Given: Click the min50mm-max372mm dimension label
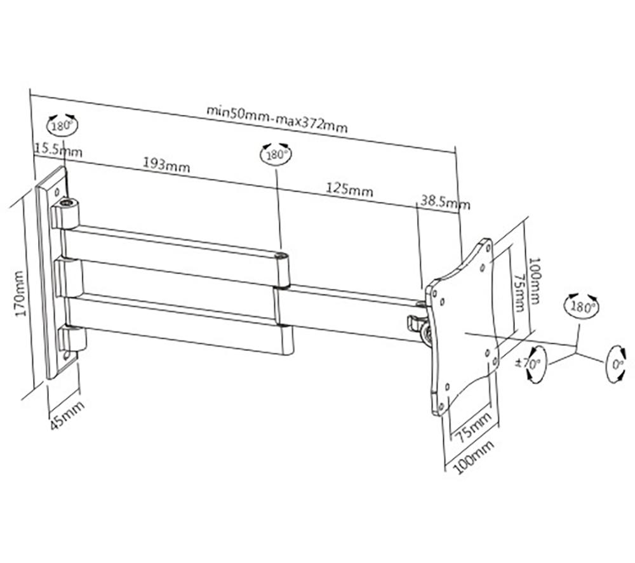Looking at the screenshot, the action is point(277,119).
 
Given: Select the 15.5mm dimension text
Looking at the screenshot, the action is point(58,150).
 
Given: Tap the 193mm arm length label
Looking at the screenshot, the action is point(166,165).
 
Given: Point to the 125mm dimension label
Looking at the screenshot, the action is point(349,189).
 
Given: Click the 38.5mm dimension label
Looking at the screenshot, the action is point(445,202).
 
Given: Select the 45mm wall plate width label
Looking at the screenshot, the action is point(67,414).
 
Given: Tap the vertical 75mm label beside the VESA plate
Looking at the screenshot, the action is point(518,292).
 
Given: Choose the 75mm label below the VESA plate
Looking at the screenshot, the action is point(472,427).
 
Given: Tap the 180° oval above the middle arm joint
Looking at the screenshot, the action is point(276,154).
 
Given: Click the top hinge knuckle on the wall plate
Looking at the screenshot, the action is point(65,213).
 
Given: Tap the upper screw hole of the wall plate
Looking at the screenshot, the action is point(58,191).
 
